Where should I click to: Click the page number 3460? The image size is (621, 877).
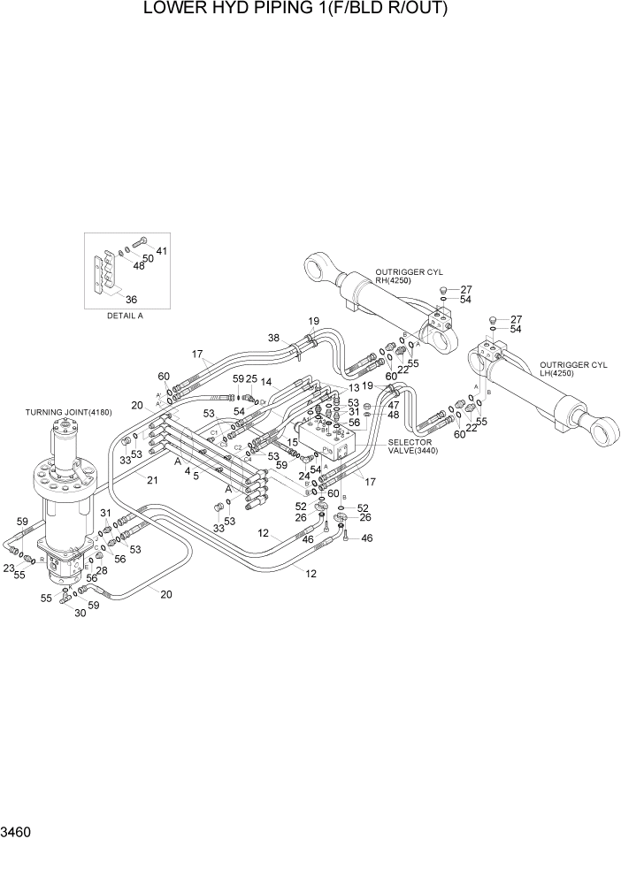point(19,832)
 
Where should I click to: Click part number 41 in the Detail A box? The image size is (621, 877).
point(161,252)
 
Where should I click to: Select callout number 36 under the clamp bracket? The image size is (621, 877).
point(131,299)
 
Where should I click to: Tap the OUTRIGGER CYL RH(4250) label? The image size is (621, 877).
point(408,276)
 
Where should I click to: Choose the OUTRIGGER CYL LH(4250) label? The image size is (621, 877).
point(575,369)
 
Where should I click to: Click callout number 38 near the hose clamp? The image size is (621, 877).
point(273,338)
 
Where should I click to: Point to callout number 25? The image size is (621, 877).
point(251,379)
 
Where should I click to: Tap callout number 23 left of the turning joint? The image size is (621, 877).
point(9,568)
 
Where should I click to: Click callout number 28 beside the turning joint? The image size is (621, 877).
point(103,570)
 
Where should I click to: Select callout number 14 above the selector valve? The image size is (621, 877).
point(265,383)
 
